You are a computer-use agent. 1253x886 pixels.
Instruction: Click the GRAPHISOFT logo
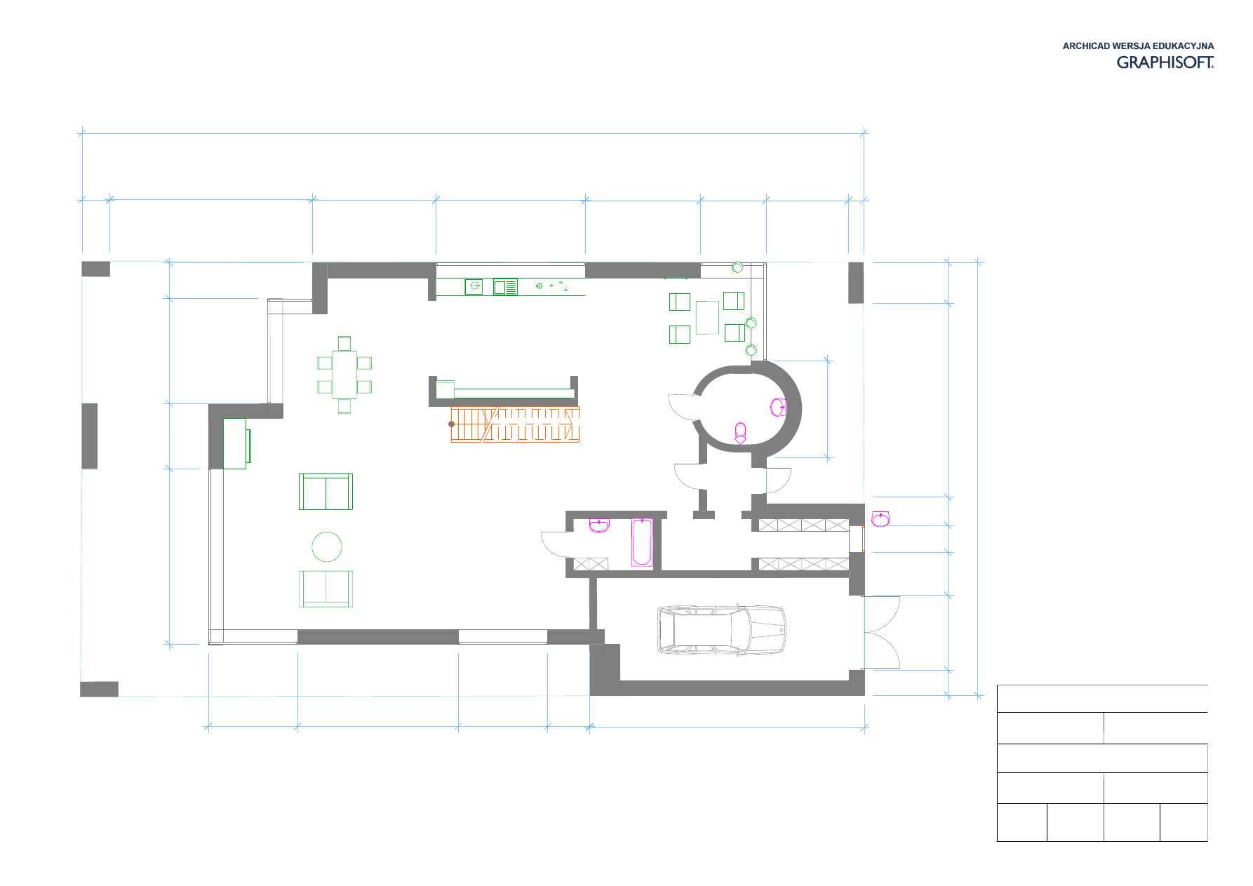[x=1165, y=62]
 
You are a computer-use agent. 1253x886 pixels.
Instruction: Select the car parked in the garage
[x=721, y=630]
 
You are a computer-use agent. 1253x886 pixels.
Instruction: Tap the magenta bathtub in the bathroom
[x=642, y=542]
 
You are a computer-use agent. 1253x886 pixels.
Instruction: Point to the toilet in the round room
[x=740, y=433]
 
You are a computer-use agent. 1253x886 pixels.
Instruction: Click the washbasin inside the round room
[x=778, y=407]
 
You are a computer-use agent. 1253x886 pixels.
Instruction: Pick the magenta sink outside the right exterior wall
[x=880, y=519]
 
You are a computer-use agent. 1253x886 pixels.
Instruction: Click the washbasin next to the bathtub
[x=599, y=525]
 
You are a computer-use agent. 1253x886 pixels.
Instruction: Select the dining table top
[x=344, y=375]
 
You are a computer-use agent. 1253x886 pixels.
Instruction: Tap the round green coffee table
[x=327, y=546]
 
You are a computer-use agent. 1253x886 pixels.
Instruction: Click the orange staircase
[x=515, y=424]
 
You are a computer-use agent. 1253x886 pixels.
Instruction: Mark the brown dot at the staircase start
[x=451, y=424]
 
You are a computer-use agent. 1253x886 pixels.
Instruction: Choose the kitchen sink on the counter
[x=474, y=286]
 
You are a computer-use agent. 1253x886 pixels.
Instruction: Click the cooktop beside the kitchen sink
[x=505, y=287]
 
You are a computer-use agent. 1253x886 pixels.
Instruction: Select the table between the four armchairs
[x=707, y=318]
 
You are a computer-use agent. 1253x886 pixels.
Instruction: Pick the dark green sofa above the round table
[x=326, y=492]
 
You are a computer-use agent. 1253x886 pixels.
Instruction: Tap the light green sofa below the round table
[x=326, y=589]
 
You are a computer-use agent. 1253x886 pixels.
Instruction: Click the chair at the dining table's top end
[x=344, y=343]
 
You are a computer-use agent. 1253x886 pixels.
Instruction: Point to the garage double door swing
[x=883, y=632]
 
